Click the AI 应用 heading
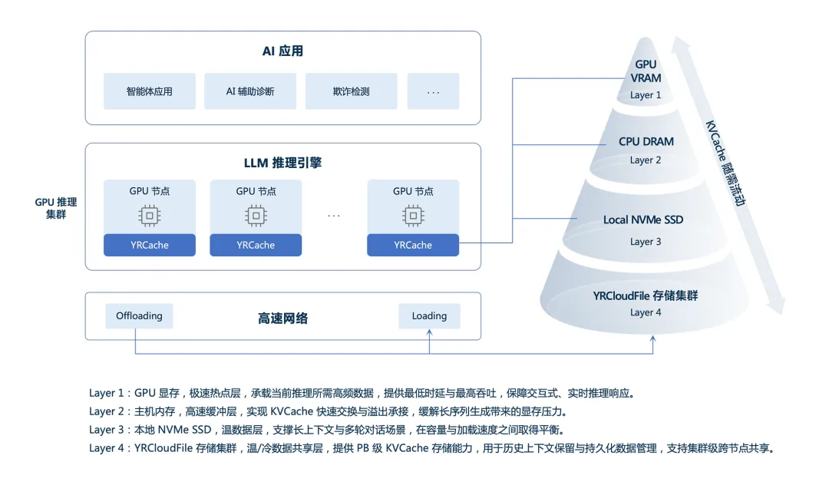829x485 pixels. point(282,51)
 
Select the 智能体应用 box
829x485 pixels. point(150,91)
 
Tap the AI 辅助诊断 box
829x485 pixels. point(250,91)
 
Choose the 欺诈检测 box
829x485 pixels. point(352,91)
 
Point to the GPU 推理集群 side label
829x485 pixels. point(56,208)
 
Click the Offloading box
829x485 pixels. point(139,315)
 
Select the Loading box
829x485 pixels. point(429,315)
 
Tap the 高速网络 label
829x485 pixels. point(283,318)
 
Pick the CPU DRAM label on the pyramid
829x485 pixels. point(646,142)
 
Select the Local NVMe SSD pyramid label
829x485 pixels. point(643,220)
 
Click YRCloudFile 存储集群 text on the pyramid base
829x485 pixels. point(646,295)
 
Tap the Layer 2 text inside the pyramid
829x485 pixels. point(646,160)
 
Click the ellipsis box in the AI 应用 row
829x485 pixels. point(434,92)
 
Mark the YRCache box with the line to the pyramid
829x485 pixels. point(413,246)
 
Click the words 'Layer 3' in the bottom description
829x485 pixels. point(106,430)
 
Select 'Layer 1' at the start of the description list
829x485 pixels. point(106,393)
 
